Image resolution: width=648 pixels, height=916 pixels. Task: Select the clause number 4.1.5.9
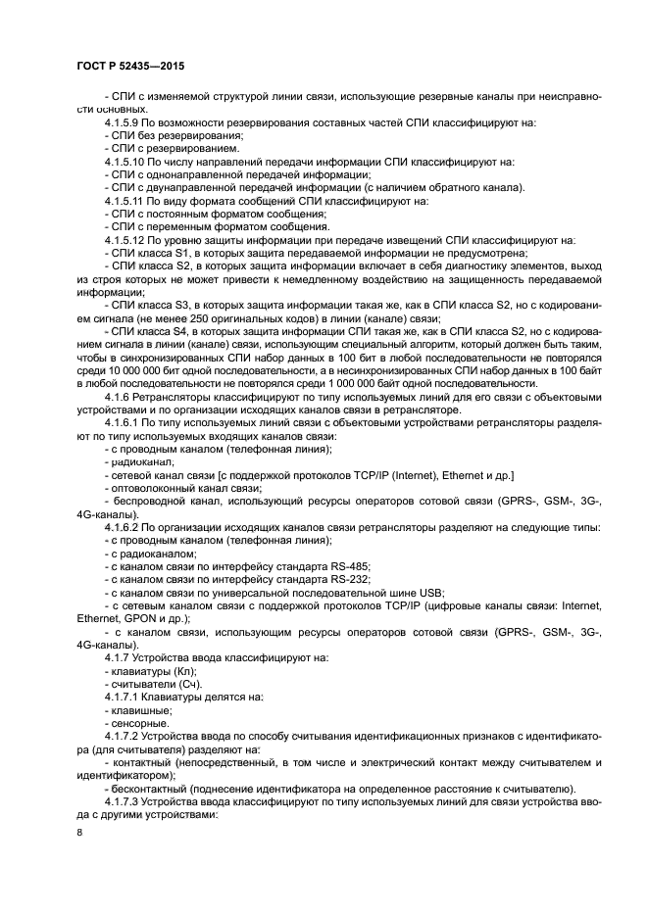click(x=125, y=121)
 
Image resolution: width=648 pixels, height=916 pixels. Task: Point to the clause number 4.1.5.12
click(x=128, y=239)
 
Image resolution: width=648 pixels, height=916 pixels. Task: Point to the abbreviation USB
click(x=431, y=593)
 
